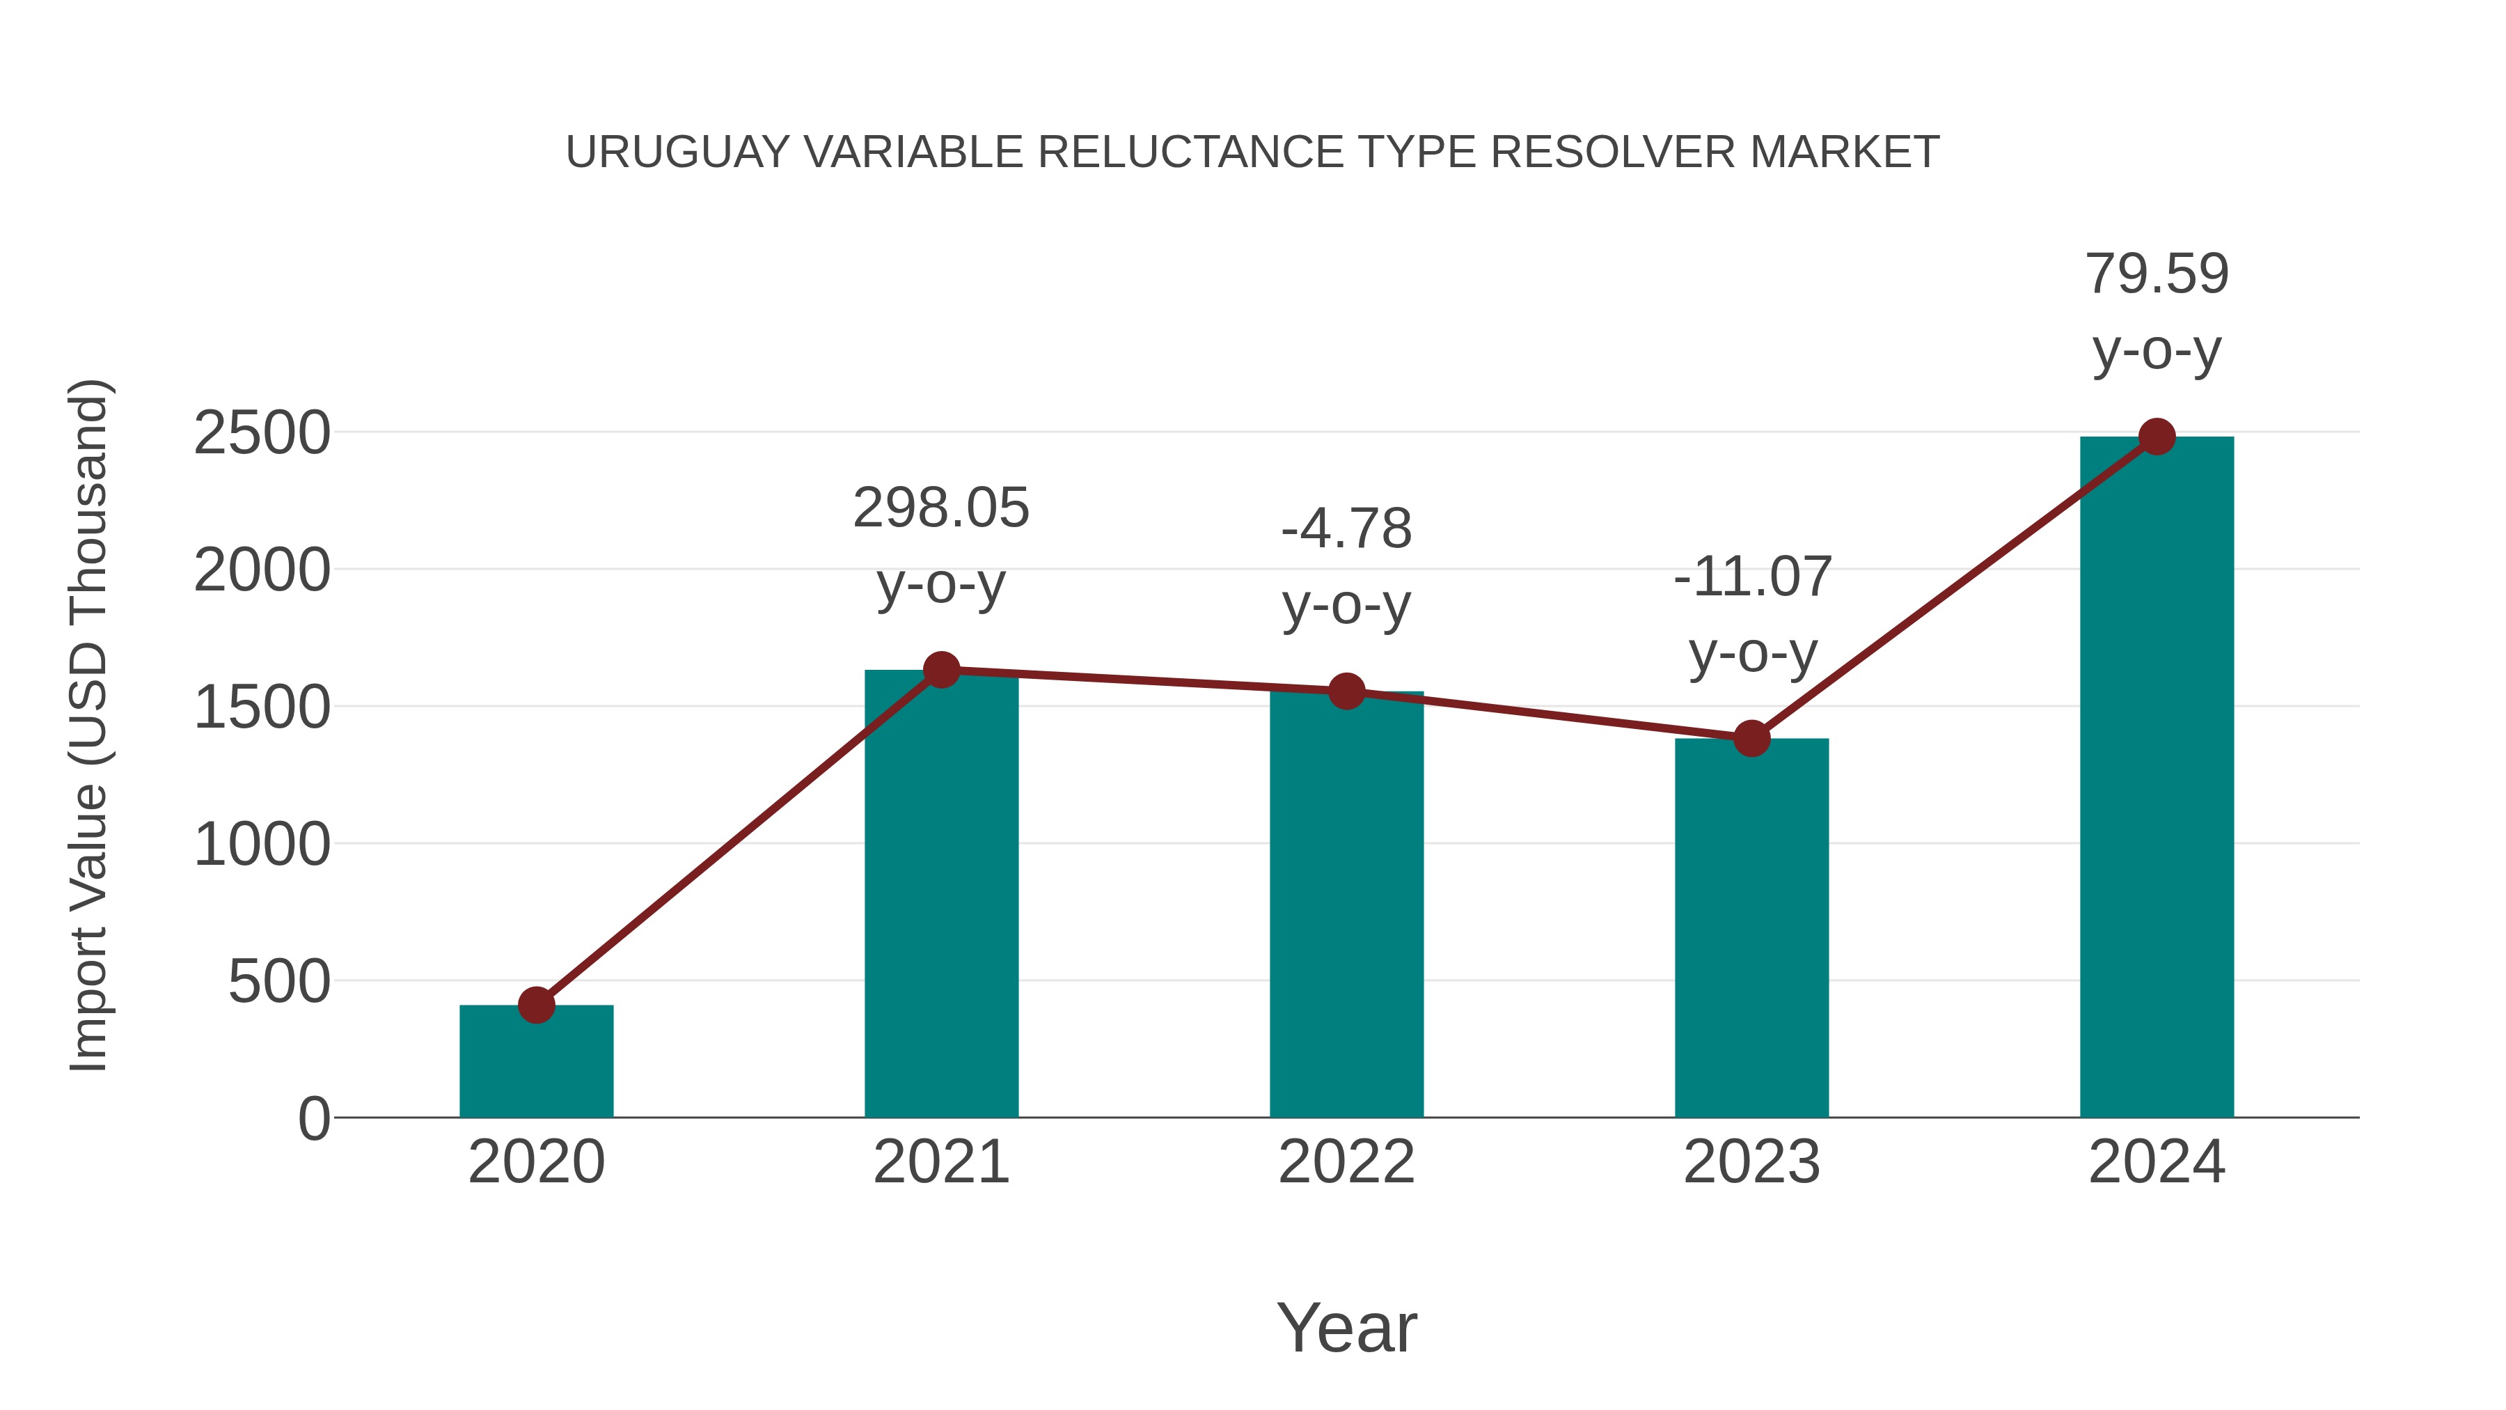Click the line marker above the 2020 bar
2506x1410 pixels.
[x=536, y=1004]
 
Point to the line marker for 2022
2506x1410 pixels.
[x=1346, y=691]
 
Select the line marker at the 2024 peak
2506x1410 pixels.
[x=2157, y=437]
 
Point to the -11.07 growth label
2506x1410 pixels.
[x=1752, y=614]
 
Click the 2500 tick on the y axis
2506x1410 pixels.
[x=262, y=433]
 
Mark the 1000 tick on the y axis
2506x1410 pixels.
[x=262, y=845]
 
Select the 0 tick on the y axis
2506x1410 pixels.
[x=313, y=1119]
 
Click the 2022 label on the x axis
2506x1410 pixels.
[x=1346, y=1162]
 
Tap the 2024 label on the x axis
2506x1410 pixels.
[x=2157, y=1162]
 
